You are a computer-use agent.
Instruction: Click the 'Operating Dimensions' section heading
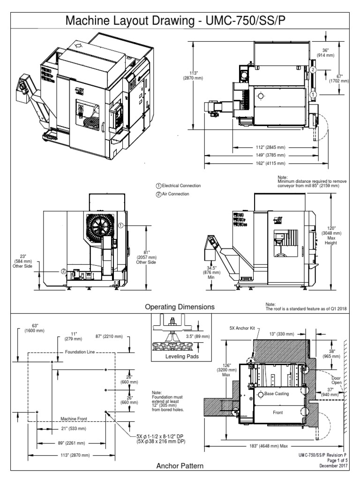(180, 307)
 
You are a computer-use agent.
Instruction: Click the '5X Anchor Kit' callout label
(242, 328)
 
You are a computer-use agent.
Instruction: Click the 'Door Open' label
(336, 380)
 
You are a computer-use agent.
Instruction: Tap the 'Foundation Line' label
(78, 352)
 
